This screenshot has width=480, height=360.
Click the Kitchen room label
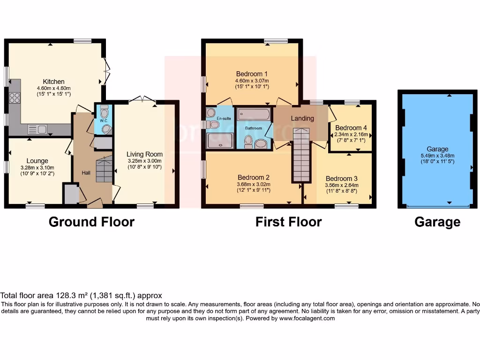click(53, 82)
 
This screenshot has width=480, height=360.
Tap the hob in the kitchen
click(14, 97)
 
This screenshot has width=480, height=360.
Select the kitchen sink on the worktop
click(37, 129)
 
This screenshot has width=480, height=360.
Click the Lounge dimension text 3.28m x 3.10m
click(37, 167)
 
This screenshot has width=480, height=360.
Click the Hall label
click(86, 173)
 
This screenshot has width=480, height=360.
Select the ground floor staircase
click(104, 169)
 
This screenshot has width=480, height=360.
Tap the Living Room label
click(144, 154)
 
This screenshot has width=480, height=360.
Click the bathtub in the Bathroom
click(253, 114)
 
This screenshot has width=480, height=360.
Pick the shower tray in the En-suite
click(220, 140)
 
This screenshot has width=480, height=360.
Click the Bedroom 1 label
click(252, 74)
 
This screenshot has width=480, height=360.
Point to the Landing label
click(302, 118)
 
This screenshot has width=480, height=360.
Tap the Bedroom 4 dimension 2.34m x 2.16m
click(351, 134)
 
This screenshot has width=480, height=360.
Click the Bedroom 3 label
click(341, 178)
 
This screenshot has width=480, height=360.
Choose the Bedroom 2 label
click(253, 177)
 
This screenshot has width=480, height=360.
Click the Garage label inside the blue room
click(437, 149)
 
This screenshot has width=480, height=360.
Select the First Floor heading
click(288, 222)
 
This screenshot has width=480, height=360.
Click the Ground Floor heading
click(91, 222)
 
